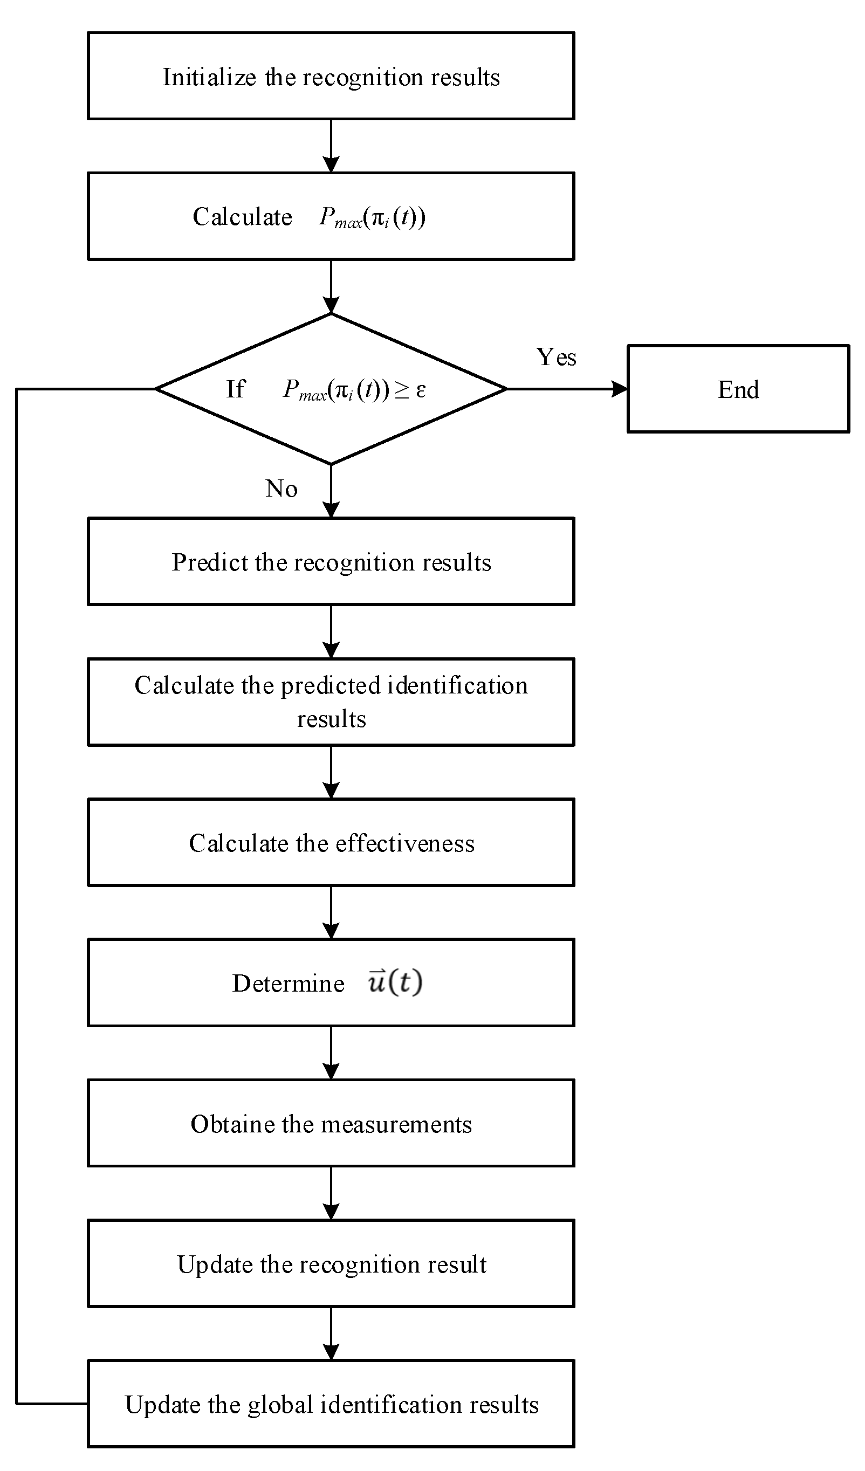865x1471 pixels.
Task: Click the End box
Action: click(x=738, y=389)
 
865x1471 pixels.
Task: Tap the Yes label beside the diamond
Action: click(x=556, y=356)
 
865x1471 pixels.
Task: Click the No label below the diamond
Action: click(x=282, y=488)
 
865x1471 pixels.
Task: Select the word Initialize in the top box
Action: click(x=209, y=77)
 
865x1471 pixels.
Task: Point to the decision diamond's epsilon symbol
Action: click(x=421, y=390)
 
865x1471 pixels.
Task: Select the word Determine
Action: click(x=289, y=984)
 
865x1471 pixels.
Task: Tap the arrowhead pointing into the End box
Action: click(x=619, y=389)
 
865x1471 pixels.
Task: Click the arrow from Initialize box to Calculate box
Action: click(x=331, y=146)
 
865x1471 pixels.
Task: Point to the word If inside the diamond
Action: click(x=235, y=389)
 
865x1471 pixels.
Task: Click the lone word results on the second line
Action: click(x=331, y=719)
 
